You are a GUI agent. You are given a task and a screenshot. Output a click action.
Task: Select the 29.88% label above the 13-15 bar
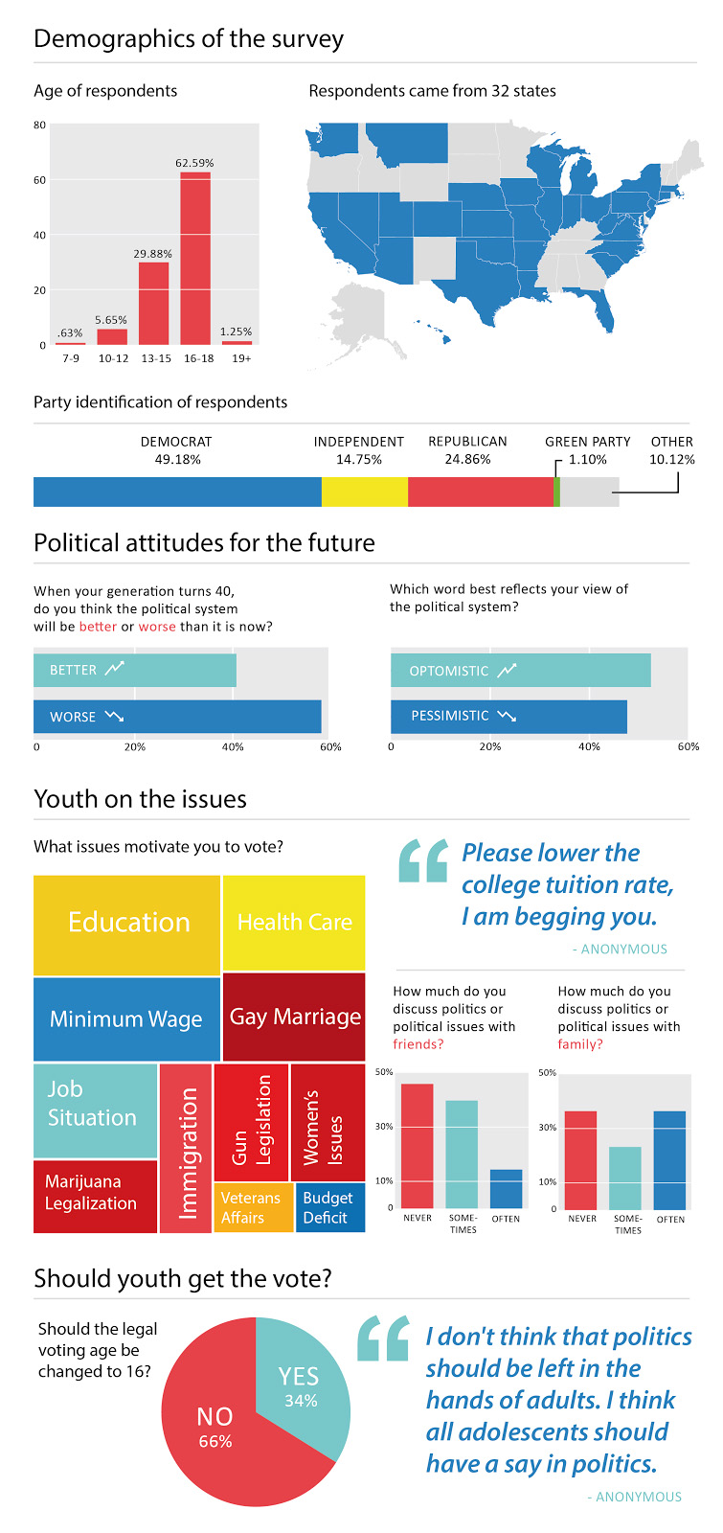coord(153,254)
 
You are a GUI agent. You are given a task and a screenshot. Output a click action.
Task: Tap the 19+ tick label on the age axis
coord(241,358)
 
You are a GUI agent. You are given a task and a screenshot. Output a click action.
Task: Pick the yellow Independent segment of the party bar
coord(364,492)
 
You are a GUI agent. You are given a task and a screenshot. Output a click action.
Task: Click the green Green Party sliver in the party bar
coord(556,492)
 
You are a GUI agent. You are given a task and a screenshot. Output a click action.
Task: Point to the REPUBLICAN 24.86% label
coord(467,450)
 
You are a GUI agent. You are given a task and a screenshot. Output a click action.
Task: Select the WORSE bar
coord(177,717)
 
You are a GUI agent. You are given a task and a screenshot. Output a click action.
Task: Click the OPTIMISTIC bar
coord(520,671)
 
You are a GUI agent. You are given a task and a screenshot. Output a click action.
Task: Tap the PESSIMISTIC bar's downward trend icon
coord(507,716)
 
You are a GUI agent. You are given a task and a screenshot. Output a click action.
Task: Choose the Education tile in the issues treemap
coord(127,924)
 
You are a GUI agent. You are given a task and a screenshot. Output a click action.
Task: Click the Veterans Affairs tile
coord(253,1208)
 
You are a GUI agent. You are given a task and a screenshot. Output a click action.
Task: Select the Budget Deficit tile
coord(329,1208)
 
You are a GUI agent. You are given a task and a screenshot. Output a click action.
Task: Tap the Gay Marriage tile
coord(294,1018)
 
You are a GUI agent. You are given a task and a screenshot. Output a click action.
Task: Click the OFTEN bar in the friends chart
coord(506,1189)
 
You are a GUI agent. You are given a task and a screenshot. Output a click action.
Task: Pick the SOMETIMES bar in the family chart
coord(625,1178)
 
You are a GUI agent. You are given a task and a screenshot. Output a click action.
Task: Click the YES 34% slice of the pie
coord(300,1386)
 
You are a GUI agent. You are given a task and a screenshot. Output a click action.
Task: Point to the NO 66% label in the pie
coord(215,1426)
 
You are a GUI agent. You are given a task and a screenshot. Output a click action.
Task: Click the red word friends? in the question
coord(418,1044)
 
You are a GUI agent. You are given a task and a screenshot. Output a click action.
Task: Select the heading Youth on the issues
coord(140,799)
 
